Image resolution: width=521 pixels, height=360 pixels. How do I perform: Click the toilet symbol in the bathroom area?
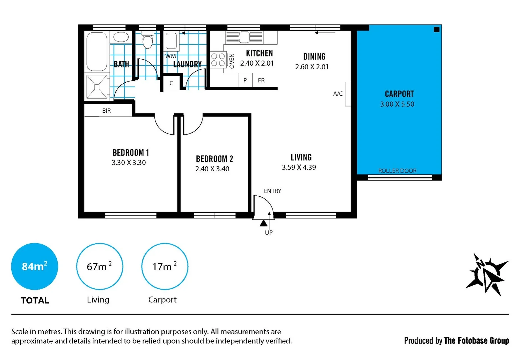(x=147, y=40)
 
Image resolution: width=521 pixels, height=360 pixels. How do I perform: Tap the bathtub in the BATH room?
(x=97, y=51)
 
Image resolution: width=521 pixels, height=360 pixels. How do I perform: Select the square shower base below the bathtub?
(x=97, y=87)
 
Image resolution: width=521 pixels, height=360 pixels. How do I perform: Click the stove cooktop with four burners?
(x=218, y=60)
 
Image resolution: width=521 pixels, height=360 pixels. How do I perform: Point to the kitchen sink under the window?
(x=244, y=37)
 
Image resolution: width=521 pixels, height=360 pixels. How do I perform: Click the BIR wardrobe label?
(x=106, y=111)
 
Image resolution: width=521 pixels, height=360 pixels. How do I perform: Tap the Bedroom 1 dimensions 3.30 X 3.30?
(x=129, y=163)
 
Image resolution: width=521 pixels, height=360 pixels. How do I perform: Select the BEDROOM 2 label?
(x=214, y=159)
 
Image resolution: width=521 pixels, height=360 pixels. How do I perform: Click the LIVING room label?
(x=301, y=157)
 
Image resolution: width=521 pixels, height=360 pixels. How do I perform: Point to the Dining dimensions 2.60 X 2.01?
(x=312, y=67)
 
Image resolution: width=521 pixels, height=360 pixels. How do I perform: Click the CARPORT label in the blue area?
(x=399, y=94)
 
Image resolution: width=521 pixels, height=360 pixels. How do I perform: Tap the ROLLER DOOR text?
(x=397, y=171)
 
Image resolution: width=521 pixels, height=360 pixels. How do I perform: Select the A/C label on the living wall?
(x=338, y=94)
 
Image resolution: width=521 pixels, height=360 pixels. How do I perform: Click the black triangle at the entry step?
(x=263, y=223)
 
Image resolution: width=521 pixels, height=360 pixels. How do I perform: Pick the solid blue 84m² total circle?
(x=34, y=266)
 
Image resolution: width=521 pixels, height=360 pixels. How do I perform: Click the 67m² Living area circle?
(x=99, y=266)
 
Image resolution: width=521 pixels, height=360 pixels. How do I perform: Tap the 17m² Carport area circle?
(x=164, y=266)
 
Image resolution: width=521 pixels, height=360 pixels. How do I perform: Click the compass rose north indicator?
(x=487, y=274)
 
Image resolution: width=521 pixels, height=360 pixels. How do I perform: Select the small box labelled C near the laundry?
(x=171, y=83)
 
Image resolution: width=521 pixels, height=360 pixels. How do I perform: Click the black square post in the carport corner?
(x=436, y=29)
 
